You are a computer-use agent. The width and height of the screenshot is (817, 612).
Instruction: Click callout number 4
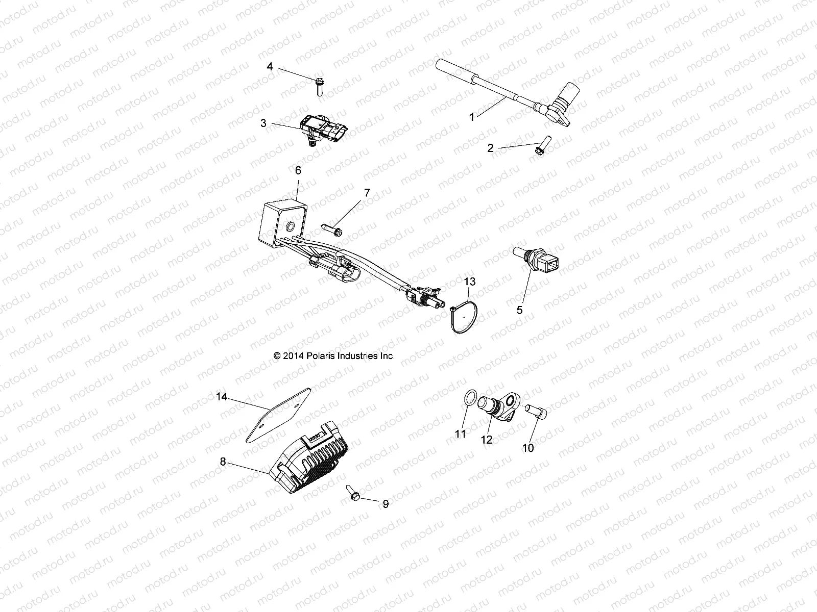pos(284,67)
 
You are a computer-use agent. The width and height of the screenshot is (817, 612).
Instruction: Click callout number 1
pos(472,117)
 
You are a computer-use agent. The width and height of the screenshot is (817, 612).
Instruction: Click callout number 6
pos(298,171)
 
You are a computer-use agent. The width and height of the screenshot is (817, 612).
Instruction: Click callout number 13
pos(469,281)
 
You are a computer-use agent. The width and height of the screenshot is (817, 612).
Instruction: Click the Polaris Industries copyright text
pos(334,356)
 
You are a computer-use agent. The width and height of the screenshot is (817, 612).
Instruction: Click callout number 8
pos(223,462)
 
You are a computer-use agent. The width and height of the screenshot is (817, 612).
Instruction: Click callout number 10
pos(528,448)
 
